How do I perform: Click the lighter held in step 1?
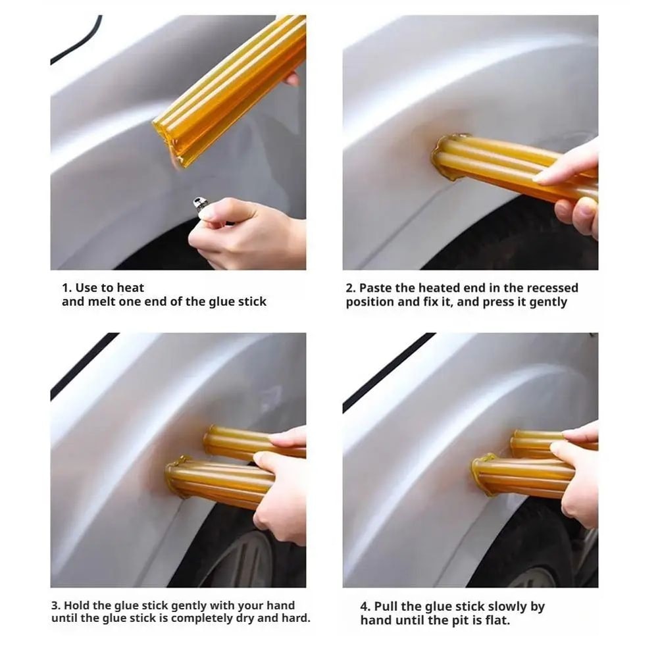[200, 203]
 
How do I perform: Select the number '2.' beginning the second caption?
[351, 288]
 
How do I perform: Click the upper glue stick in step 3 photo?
[237, 441]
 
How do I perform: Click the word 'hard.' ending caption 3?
[295, 619]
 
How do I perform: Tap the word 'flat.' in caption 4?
[495, 620]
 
